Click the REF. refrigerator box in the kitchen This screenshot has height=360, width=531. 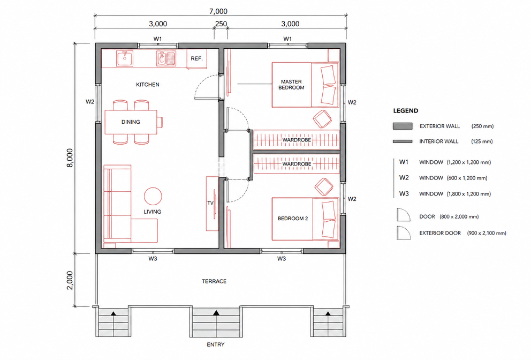click(197, 58)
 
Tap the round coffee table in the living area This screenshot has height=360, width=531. click(153, 196)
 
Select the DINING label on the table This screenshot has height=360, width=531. click(131, 122)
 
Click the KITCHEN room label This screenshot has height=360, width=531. click(148, 85)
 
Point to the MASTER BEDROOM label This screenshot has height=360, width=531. click(291, 85)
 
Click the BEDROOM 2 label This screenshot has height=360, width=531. click(293, 219)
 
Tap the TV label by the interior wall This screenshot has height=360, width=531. click(210, 202)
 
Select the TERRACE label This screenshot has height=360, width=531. click(214, 281)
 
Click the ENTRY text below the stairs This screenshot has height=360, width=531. click(216, 344)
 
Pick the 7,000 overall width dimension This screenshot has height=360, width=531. click(218, 11)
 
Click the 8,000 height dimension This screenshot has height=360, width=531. click(70, 158)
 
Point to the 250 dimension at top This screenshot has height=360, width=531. click(221, 24)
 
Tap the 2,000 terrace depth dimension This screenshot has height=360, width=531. click(70, 280)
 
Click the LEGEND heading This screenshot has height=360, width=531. click(406, 110)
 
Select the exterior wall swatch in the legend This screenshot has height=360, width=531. click(403, 126)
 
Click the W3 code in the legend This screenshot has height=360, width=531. click(404, 193)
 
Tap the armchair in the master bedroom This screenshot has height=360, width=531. click(322, 119)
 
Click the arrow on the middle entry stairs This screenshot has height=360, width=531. click(216, 313)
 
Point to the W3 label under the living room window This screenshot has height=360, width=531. click(153, 259)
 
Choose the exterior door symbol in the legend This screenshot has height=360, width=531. click(404, 233)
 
